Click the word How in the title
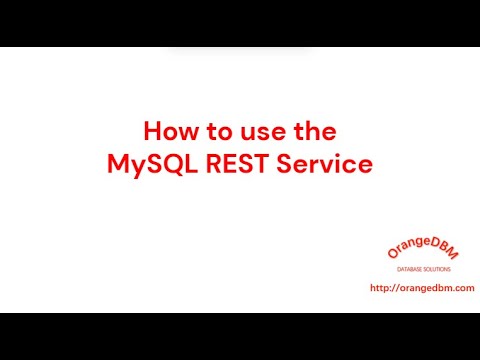168,132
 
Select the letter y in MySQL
134,168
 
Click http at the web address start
378,288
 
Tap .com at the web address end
463,288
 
